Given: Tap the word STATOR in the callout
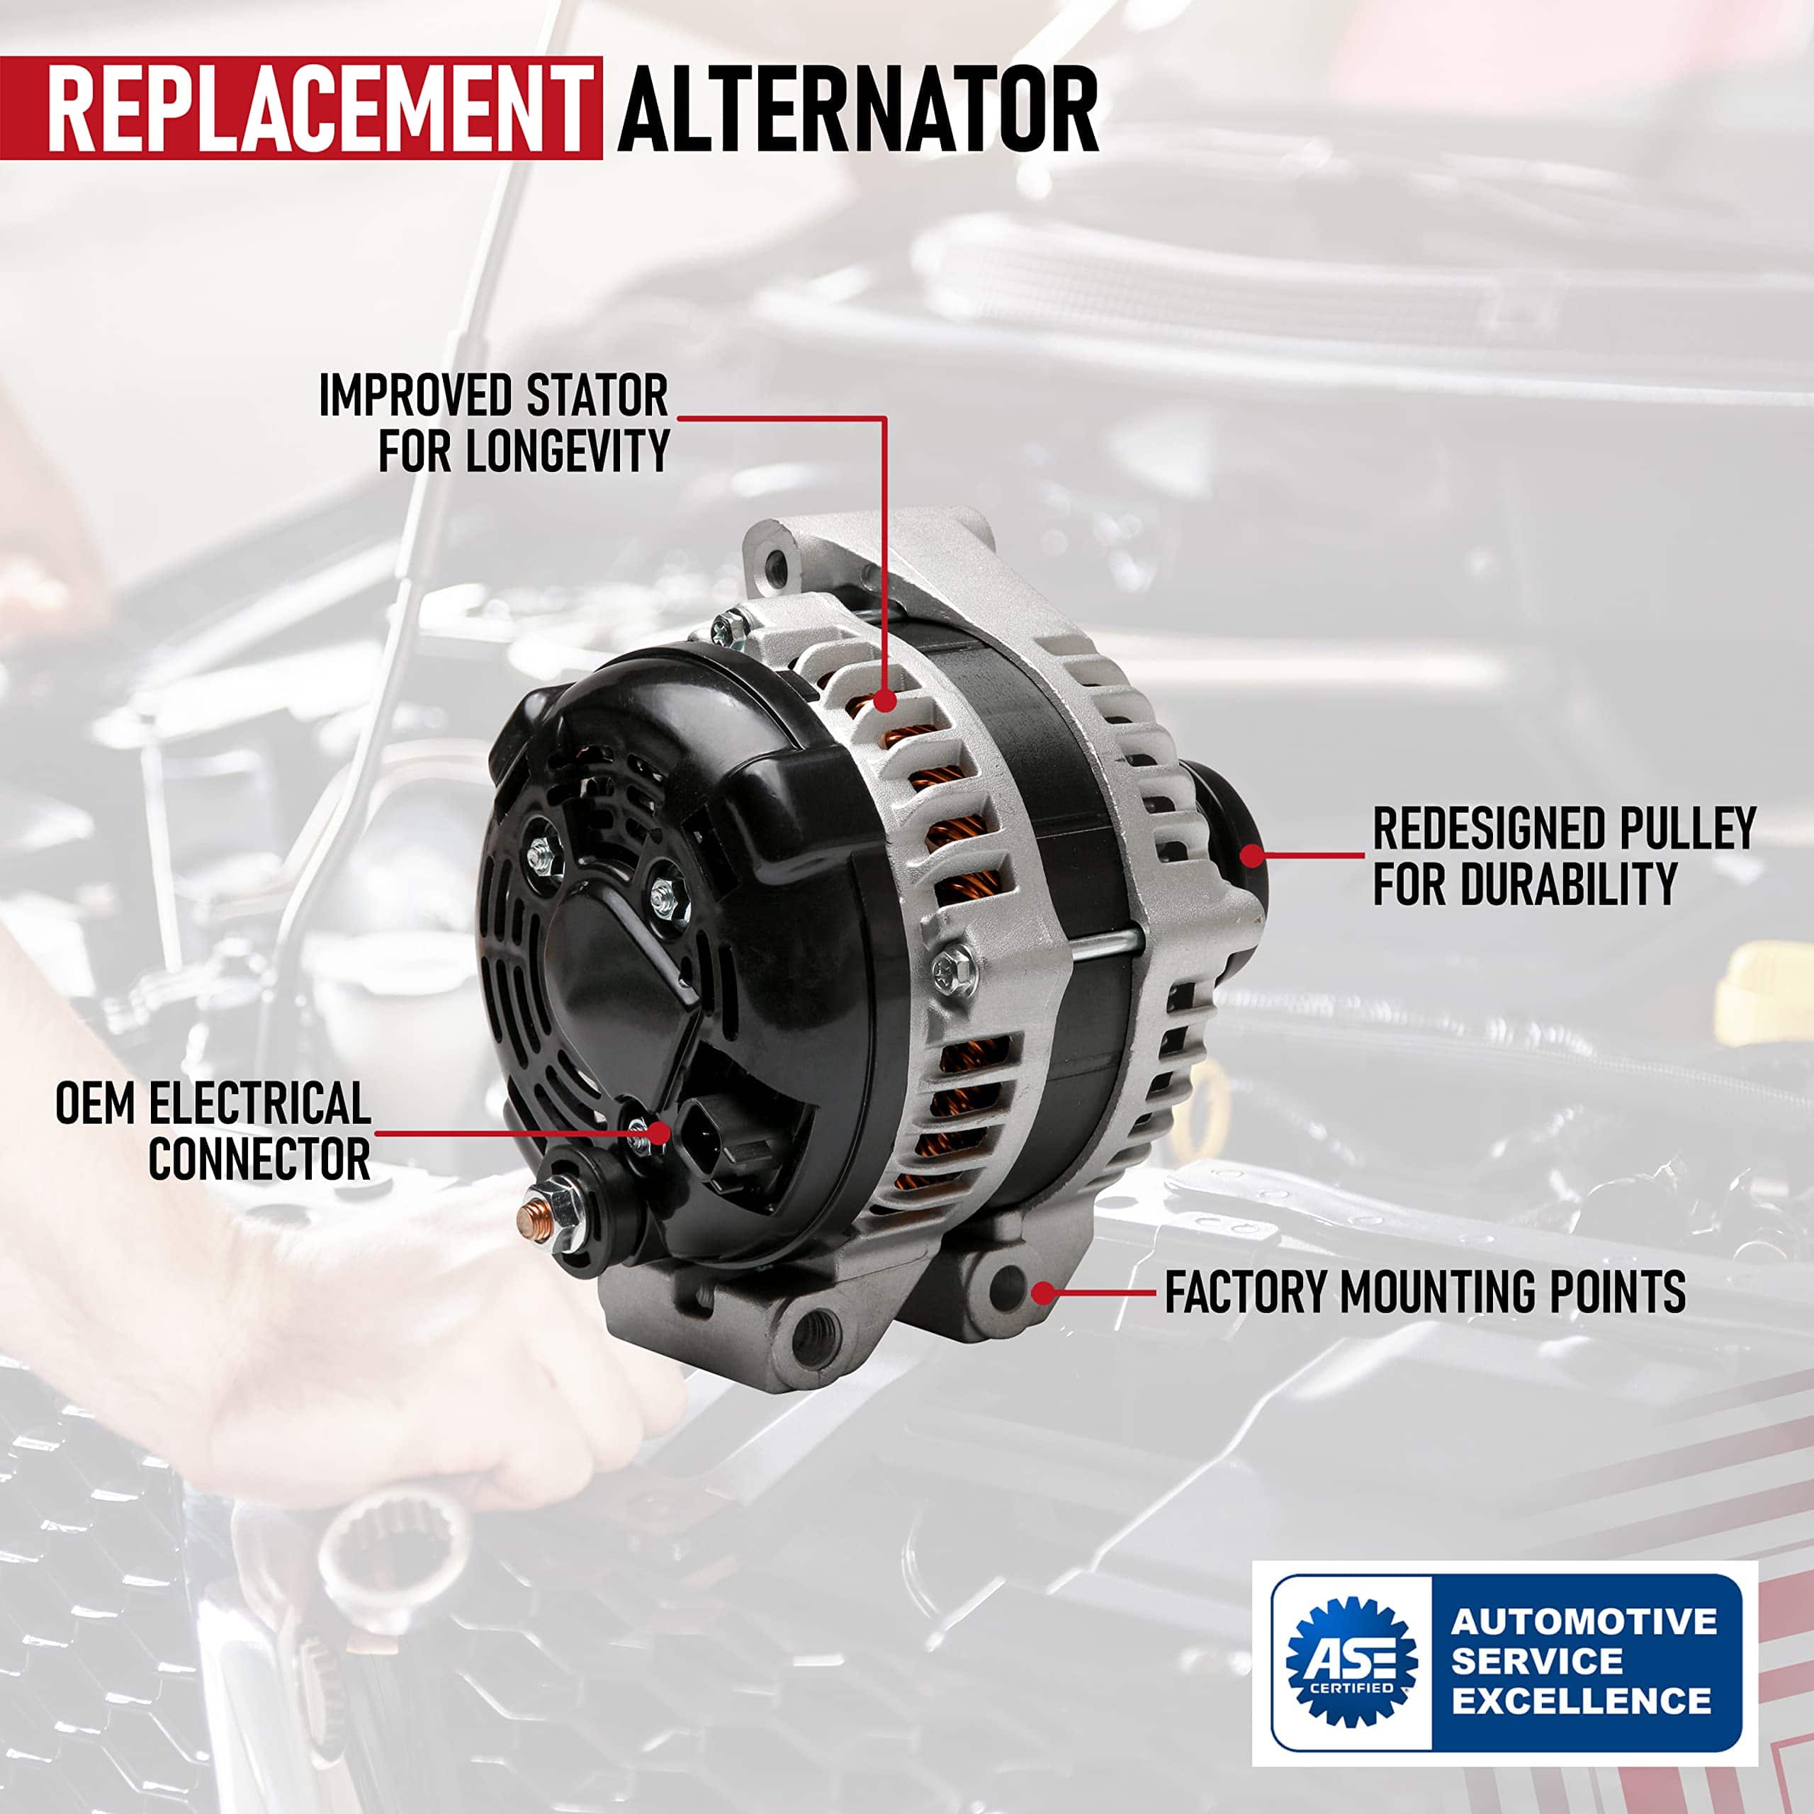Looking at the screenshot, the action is [597, 395].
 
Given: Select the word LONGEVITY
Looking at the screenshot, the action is [568, 451].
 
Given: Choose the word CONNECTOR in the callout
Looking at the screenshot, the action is [259, 1159].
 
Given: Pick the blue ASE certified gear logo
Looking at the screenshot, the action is [1351, 1661].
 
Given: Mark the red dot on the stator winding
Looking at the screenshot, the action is [884, 700].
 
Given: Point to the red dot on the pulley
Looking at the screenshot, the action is [1251, 855].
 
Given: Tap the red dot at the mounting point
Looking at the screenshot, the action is [1043, 1293].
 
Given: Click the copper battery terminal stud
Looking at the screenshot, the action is [534, 1217].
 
